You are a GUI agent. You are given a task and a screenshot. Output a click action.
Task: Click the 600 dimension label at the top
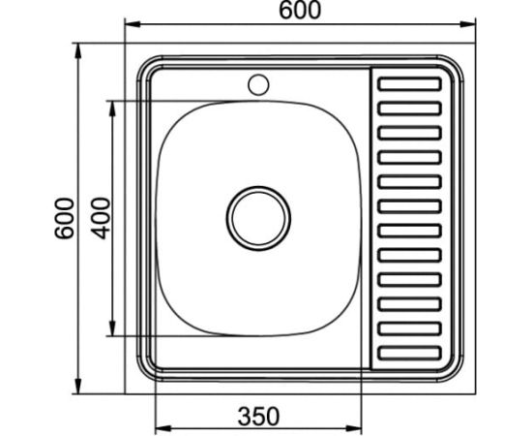[300, 11]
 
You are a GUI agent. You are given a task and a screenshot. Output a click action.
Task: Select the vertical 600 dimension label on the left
[65, 218]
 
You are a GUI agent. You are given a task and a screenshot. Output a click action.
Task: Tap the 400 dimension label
[102, 218]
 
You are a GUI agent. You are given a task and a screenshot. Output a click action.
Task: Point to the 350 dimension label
[258, 417]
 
